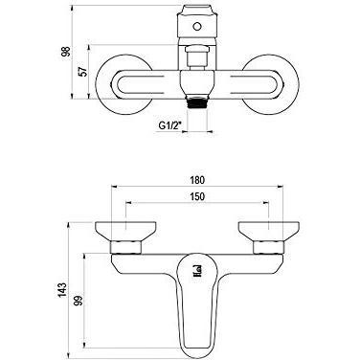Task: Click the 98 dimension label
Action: click(x=65, y=52)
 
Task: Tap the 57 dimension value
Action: click(x=82, y=72)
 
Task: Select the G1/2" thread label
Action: click(x=169, y=125)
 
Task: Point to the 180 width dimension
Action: click(x=197, y=180)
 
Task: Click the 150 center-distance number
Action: click(x=197, y=196)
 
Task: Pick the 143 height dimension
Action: click(x=62, y=289)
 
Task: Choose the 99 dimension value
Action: click(x=79, y=301)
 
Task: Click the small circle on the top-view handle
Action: click(x=197, y=26)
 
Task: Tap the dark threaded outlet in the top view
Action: click(x=198, y=103)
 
